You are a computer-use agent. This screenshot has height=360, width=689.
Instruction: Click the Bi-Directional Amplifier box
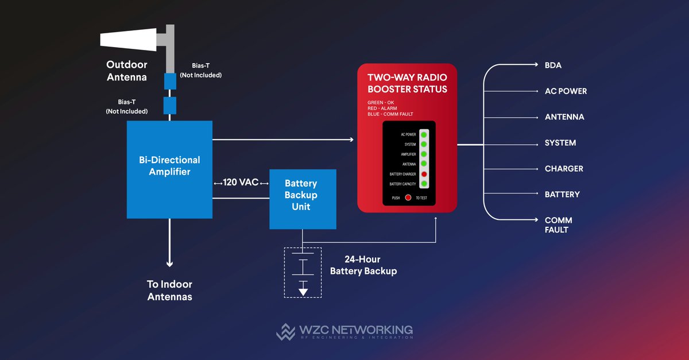(169, 169)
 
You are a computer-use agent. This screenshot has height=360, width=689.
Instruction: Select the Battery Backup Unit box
(303, 199)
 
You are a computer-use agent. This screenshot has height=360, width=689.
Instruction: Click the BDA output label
(553, 65)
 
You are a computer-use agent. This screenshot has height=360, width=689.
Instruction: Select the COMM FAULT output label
(558, 224)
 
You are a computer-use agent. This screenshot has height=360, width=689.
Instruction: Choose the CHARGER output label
(564, 169)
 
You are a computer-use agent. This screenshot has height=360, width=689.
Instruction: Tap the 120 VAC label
(241, 183)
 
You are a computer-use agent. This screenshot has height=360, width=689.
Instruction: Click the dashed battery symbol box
(303, 272)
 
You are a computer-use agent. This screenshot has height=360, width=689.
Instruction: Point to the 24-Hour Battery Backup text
(363, 265)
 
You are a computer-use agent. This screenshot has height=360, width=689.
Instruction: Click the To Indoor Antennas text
(169, 290)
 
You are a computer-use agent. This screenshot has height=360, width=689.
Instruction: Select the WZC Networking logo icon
(285, 332)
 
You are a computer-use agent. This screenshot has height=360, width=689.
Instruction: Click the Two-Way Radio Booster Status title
(407, 83)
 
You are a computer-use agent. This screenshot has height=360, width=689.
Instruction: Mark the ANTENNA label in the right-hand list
(564, 117)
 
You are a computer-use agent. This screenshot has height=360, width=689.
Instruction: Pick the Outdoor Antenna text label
(126, 71)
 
